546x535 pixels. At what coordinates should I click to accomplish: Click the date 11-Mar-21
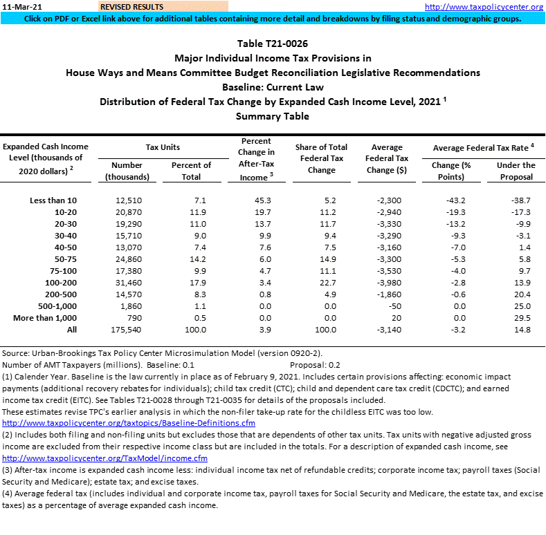point(18,7)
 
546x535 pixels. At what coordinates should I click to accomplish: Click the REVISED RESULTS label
point(131,7)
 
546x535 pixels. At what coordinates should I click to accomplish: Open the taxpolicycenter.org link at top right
point(484,7)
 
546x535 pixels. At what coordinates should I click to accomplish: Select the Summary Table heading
point(273,116)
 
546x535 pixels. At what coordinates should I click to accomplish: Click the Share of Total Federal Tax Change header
point(321,158)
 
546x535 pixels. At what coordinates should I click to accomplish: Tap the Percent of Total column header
point(191,171)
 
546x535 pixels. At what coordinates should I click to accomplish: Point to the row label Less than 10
point(54,200)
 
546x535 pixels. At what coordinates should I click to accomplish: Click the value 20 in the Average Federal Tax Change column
point(397,318)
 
